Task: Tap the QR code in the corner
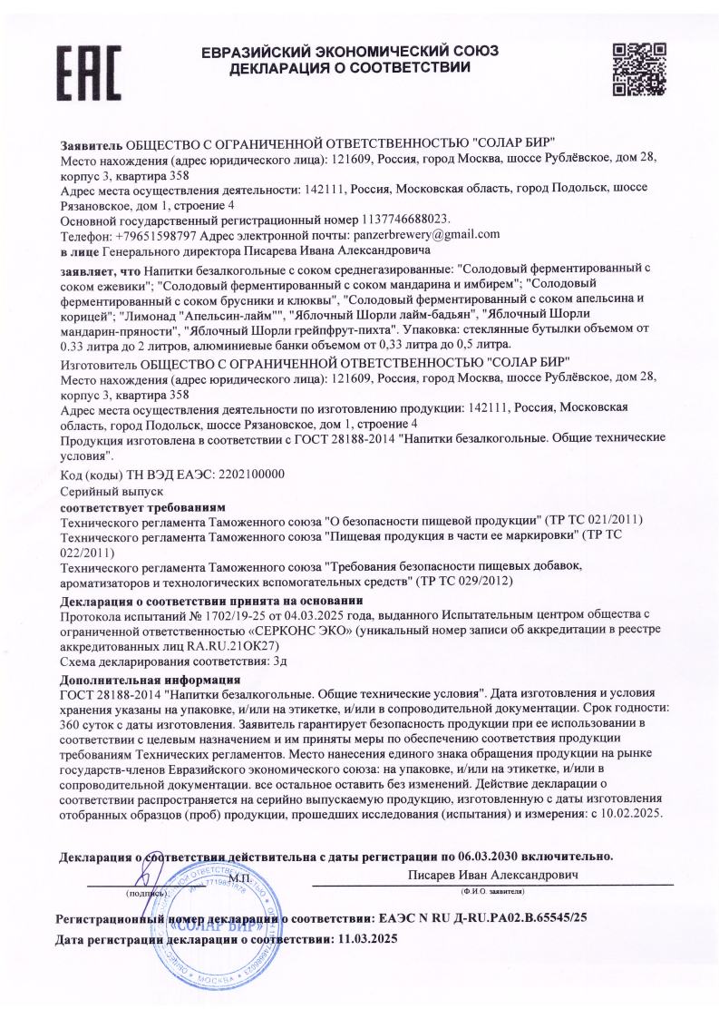tap(634, 69)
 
